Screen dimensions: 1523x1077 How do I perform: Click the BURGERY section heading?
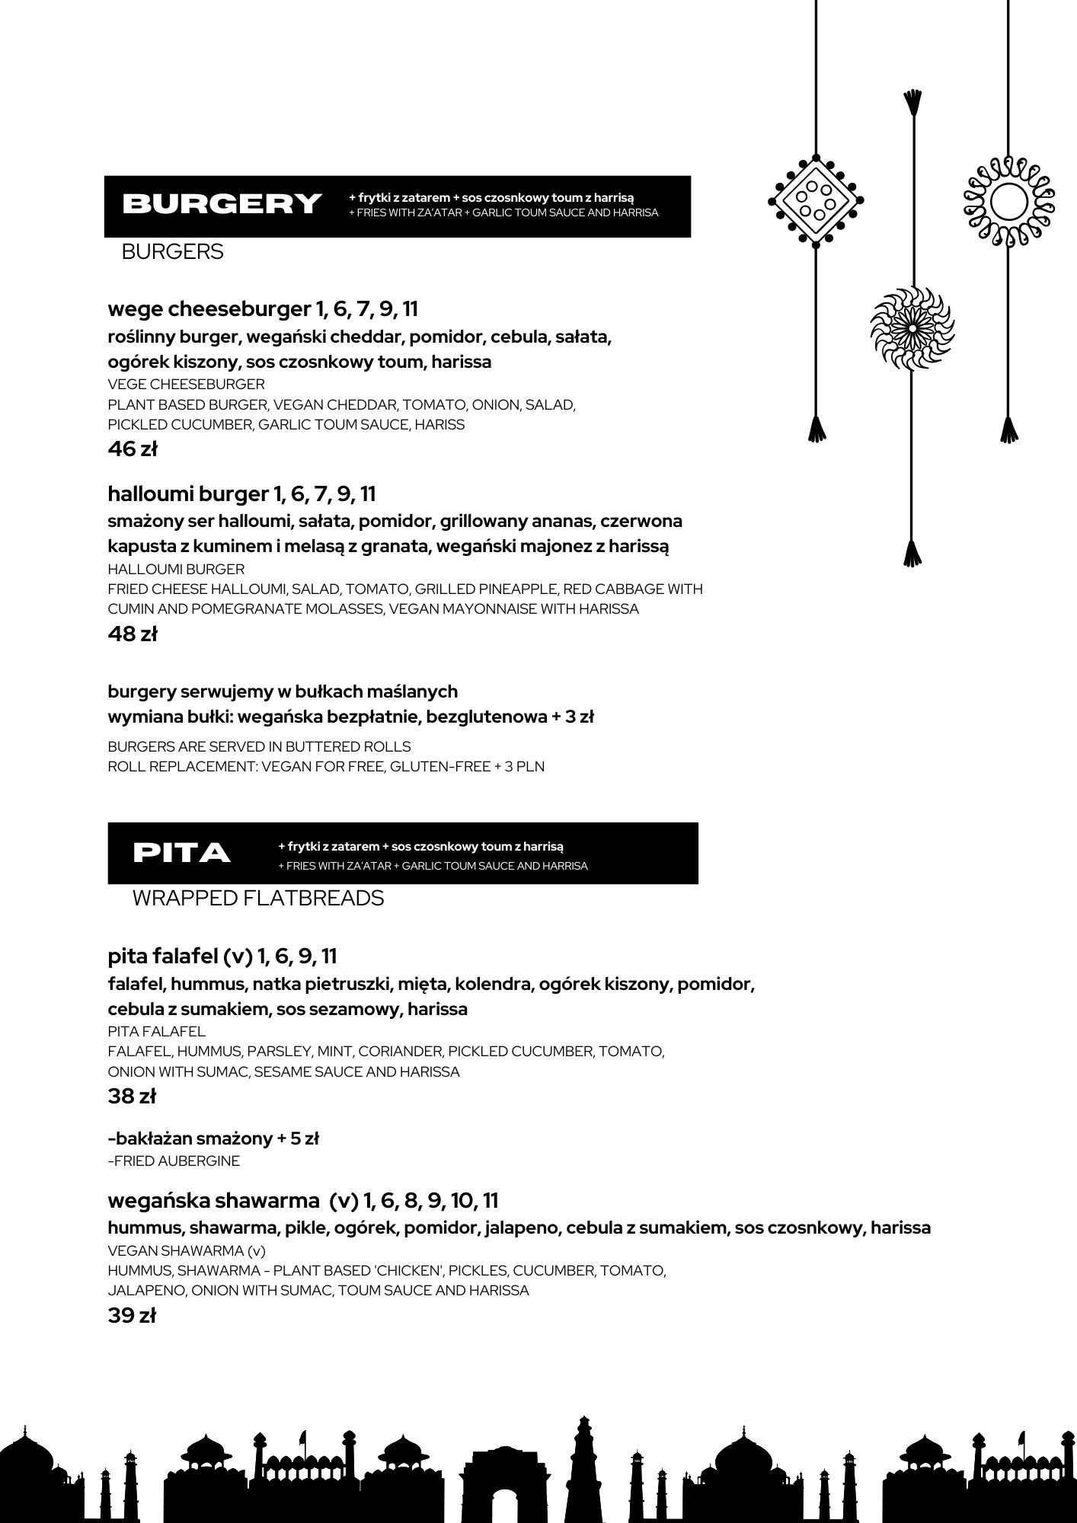(222, 204)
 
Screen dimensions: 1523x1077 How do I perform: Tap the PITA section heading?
(181, 853)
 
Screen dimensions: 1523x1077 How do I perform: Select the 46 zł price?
(133, 449)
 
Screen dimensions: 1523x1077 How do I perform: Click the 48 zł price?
(133, 634)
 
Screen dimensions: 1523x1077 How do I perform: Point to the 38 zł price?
(132, 1097)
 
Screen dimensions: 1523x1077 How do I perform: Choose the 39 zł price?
(132, 1315)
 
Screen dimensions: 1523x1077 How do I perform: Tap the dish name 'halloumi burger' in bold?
(187, 494)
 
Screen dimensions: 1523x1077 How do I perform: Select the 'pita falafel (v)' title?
(180, 956)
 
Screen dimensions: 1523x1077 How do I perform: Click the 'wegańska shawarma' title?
(213, 1201)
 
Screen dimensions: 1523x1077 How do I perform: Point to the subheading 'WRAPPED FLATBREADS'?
(257, 899)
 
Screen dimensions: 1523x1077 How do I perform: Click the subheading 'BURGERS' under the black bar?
(172, 252)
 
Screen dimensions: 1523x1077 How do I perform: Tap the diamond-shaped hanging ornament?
(816, 200)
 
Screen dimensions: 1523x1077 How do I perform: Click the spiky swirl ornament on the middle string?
(912, 328)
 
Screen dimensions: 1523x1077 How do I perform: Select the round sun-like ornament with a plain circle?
(1009, 202)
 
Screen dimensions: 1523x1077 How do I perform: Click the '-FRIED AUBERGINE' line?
(174, 1161)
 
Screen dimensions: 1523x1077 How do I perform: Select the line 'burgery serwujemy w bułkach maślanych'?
(283, 691)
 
